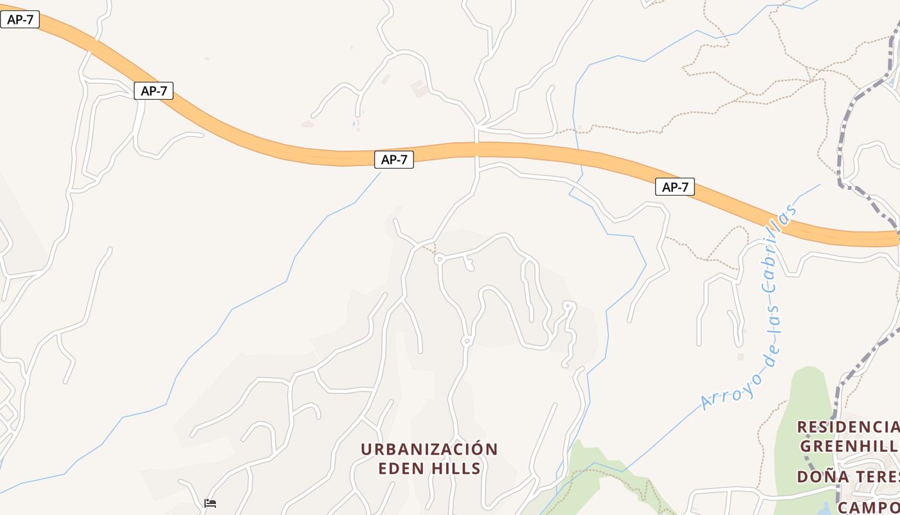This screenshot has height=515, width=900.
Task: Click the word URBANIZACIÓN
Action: click(429, 449)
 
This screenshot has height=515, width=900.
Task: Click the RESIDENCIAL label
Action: click(847, 427)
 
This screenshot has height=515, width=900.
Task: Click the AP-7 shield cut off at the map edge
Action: click(20, 19)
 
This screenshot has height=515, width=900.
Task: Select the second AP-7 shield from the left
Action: click(154, 91)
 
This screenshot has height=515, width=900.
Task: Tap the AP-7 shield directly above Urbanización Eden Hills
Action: click(394, 160)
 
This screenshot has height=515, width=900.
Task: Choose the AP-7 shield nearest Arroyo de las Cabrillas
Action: click(675, 187)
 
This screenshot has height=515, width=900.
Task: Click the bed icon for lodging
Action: click(210, 503)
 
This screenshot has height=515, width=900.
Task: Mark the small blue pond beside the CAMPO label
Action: click(825, 509)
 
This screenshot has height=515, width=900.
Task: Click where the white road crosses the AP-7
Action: click(477, 150)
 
